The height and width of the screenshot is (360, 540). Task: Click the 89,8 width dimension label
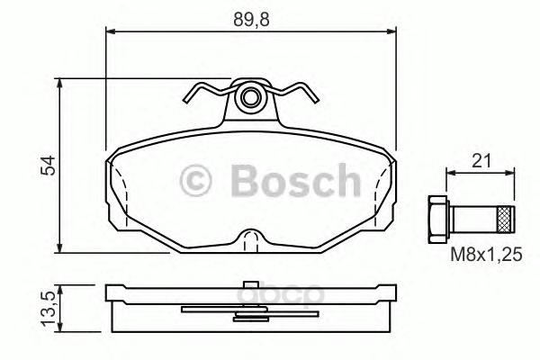pos(251,20)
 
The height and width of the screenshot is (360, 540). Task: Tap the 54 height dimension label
pos(48,166)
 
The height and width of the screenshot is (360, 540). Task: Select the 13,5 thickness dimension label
pos(48,309)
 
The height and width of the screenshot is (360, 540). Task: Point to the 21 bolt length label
pos(481,160)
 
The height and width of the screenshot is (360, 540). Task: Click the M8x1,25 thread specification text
pos(487,255)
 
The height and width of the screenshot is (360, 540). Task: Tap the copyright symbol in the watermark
pos(195,181)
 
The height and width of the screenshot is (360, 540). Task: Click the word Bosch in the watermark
pos(296,180)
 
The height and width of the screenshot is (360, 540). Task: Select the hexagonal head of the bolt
pos(438,219)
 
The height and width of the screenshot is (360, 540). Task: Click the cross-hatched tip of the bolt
pos(506,219)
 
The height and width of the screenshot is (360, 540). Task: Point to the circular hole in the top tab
pos(251,97)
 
